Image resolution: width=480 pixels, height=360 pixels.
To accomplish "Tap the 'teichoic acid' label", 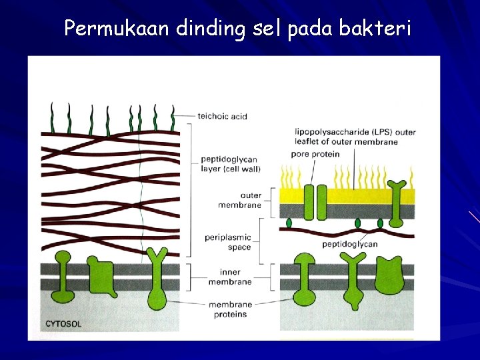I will coord(222,116).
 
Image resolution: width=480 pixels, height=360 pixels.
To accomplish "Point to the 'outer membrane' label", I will coord(241,200).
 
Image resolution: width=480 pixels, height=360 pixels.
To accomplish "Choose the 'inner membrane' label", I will coord(230,277).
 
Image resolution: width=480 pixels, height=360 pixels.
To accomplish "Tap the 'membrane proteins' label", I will coord(227,309).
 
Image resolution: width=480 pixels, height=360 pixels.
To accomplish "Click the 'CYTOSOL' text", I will coord(63,324).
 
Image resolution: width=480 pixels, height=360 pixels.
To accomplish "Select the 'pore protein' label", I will coord(315,154).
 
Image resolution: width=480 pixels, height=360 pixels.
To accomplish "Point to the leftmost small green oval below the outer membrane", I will coord(289,222).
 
